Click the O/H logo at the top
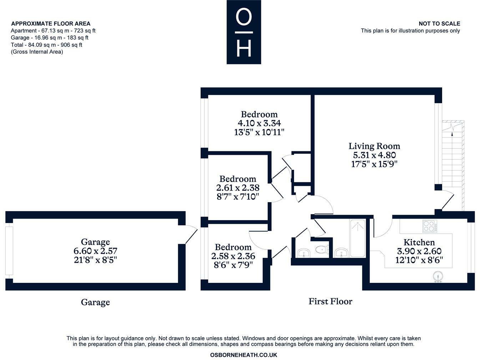tap(244, 32)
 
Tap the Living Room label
tap(374, 146)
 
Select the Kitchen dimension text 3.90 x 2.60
tap(419, 251)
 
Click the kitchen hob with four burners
tap(430, 226)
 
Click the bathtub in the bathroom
tap(357, 238)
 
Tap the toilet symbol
tap(322, 249)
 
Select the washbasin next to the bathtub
tap(342, 253)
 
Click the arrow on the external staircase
tap(453, 134)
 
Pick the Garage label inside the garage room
tap(95, 242)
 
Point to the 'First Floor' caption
tap(330, 301)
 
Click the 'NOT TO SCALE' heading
tap(439, 24)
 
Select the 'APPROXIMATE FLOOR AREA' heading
tap(51, 24)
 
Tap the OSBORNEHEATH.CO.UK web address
tap(243, 355)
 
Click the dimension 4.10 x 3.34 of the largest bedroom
tap(259, 123)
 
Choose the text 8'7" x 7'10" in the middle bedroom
tap(238, 196)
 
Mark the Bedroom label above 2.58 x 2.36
tap(233, 247)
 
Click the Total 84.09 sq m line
tap(46, 45)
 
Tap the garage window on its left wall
tap(9, 251)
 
